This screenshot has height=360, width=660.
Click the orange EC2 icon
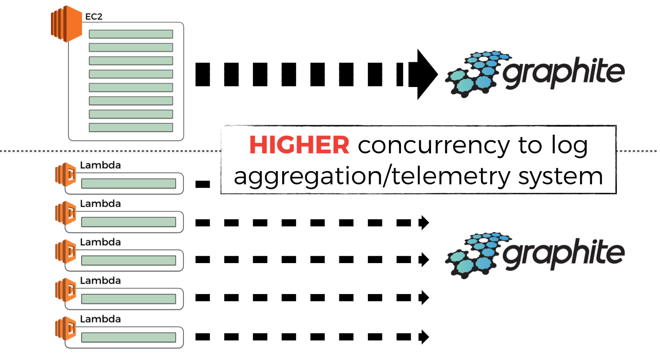(66, 24)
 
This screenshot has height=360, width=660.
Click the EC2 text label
(94, 17)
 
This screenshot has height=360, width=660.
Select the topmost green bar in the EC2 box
(131, 34)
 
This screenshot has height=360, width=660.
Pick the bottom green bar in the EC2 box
(131, 127)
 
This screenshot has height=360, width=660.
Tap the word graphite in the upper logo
(563, 73)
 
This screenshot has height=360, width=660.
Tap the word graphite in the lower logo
(563, 254)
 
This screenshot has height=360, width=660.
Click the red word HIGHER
(299, 145)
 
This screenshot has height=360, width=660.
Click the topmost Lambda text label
(100, 165)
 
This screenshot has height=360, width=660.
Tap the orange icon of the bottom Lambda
(66, 328)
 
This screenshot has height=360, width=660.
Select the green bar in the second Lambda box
(129, 222)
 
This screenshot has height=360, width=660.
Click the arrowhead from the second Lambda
(424, 223)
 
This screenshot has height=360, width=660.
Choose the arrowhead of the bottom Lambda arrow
(424, 337)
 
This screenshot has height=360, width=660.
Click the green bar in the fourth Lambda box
(129, 299)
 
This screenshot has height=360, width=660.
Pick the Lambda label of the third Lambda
(100, 242)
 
